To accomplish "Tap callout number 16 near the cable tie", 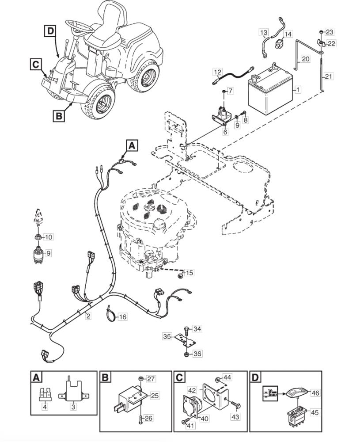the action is [122, 316].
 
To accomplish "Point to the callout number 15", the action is [189, 273].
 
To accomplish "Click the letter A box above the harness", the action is [132, 145].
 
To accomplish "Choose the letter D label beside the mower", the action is [50, 31].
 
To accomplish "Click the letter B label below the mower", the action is [59, 116].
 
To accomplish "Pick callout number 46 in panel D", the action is [315, 392].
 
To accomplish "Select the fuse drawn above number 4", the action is [45, 394].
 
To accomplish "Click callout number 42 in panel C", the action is [192, 391].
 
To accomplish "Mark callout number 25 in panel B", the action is [155, 396].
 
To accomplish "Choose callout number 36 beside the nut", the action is [197, 354].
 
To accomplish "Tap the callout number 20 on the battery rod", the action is [305, 59].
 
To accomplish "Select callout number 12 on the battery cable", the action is [217, 72].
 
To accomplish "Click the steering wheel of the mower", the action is [80, 27].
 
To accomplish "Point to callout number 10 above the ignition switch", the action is [49, 237].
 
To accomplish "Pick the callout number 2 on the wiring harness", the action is [88, 316].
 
